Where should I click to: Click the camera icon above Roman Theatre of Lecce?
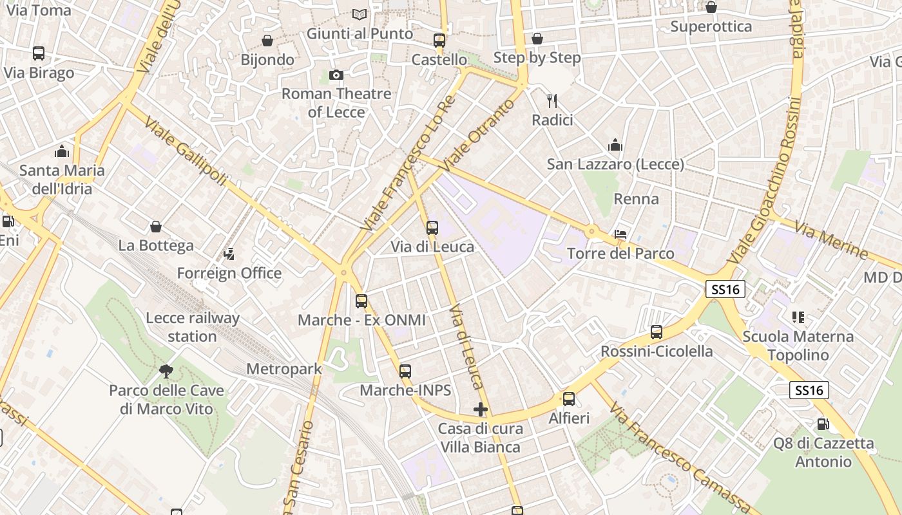coord(336,75)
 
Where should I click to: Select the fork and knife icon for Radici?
coord(552,101)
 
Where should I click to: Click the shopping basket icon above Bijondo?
coord(267,41)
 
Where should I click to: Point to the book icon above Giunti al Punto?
coord(360,14)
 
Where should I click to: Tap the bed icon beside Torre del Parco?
coord(620,234)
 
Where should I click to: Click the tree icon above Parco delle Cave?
coord(166,371)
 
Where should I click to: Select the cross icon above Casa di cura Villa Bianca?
coord(480,409)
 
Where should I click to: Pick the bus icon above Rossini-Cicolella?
coord(657,332)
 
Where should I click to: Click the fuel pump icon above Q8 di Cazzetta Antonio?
coord(823,424)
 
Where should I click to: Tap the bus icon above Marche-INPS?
coord(405,371)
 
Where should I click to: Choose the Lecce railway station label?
coord(192,327)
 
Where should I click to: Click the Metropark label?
coord(284,370)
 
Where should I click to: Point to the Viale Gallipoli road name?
coord(186,152)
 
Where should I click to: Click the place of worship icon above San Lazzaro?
coord(615,145)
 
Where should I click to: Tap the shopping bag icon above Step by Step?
coord(537,39)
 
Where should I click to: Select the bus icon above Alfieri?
coord(569,399)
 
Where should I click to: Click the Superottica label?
coord(711,26)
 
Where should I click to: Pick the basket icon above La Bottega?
coord(156,227)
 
